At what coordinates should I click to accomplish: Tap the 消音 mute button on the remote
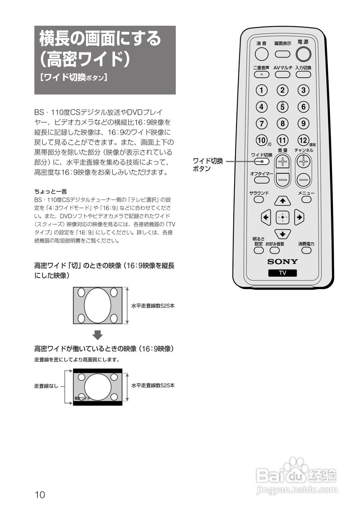tap(262, 54)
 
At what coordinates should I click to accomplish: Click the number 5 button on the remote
tap(282, 107)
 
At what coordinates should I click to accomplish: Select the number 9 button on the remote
tap(303, 124)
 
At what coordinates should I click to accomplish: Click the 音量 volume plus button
tap(283, 161)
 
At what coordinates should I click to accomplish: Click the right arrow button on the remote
tap(299, 217)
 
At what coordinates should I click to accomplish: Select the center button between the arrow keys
tap(282, 217)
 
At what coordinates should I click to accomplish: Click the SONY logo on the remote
tap(282, 262)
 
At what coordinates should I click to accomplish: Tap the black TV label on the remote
tap(282, 273)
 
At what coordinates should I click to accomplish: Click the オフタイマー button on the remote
tap(259, 180)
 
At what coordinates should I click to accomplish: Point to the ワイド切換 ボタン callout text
tap(208, 165)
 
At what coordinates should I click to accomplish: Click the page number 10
tap(40, 495)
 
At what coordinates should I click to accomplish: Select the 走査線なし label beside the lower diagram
tap(46, 386)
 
